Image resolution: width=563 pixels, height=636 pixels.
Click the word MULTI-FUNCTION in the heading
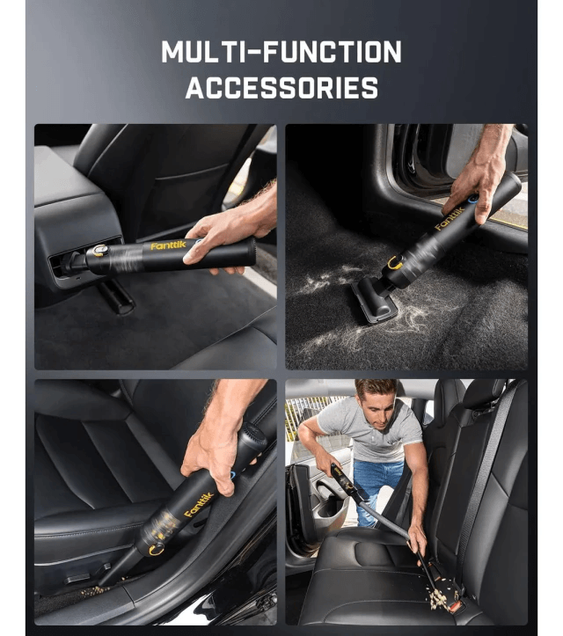(281, 52)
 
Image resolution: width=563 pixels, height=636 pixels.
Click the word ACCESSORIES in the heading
(281, 88)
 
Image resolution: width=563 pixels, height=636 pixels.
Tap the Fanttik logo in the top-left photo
(168, 245)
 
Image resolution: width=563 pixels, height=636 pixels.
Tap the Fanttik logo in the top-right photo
(449, 218)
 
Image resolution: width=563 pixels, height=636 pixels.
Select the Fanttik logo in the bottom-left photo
(199, 505)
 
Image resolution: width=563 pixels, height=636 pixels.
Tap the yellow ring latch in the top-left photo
(99, 250)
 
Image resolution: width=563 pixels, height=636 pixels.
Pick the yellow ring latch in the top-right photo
(394, 263)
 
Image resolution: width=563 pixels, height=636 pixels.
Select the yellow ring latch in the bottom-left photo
(157, 550)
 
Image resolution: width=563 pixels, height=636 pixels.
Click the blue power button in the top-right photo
(472, 199)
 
